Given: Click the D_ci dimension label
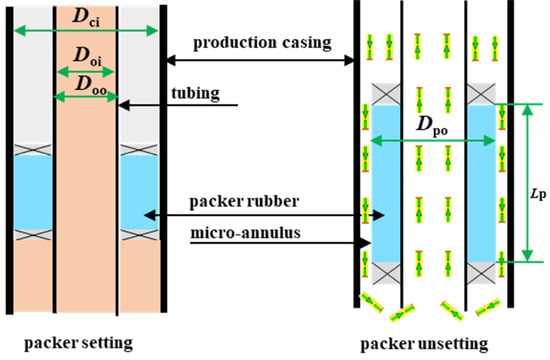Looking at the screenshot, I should (x=85, y=14).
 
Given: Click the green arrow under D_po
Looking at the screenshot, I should (x=433, y=142).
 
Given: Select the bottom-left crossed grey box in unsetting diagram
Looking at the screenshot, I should (x=384, y=272).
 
